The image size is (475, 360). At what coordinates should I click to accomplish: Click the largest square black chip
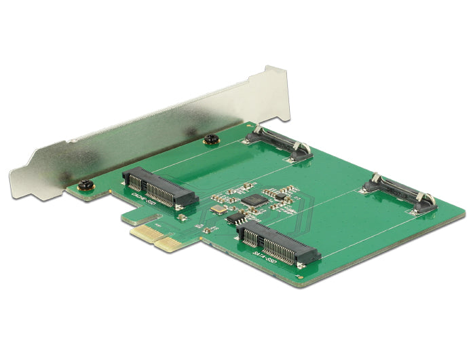pos(254,200)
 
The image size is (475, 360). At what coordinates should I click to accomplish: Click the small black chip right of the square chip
pos(278,194)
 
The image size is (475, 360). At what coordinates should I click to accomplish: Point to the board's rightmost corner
pos(465,216)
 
